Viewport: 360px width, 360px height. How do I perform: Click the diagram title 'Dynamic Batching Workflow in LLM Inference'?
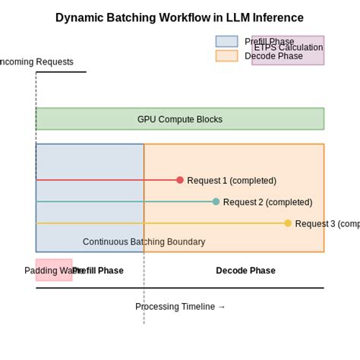(179, 17)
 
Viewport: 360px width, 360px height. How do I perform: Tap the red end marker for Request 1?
(180, 180)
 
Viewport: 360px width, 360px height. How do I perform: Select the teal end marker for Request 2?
(216, 201)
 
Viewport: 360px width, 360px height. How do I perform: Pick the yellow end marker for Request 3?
(288, 223)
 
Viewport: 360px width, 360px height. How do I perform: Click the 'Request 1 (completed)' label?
(232, 181)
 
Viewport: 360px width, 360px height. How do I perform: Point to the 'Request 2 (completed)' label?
(267, 202)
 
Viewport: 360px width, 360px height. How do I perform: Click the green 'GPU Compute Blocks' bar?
(179, 119)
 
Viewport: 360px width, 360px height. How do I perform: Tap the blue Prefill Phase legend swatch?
(226, 42)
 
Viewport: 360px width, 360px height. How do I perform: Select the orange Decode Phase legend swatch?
(226, 55)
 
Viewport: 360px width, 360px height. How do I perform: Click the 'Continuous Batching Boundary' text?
(144, 242)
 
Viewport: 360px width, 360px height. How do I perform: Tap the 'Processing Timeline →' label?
(180, 307)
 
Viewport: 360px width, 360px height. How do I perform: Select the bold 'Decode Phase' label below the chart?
(245, 270)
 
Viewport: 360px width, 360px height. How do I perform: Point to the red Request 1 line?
(106, 180)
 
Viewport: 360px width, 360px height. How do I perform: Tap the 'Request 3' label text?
(327, 224)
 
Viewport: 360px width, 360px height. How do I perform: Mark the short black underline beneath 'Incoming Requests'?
(61, 72)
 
